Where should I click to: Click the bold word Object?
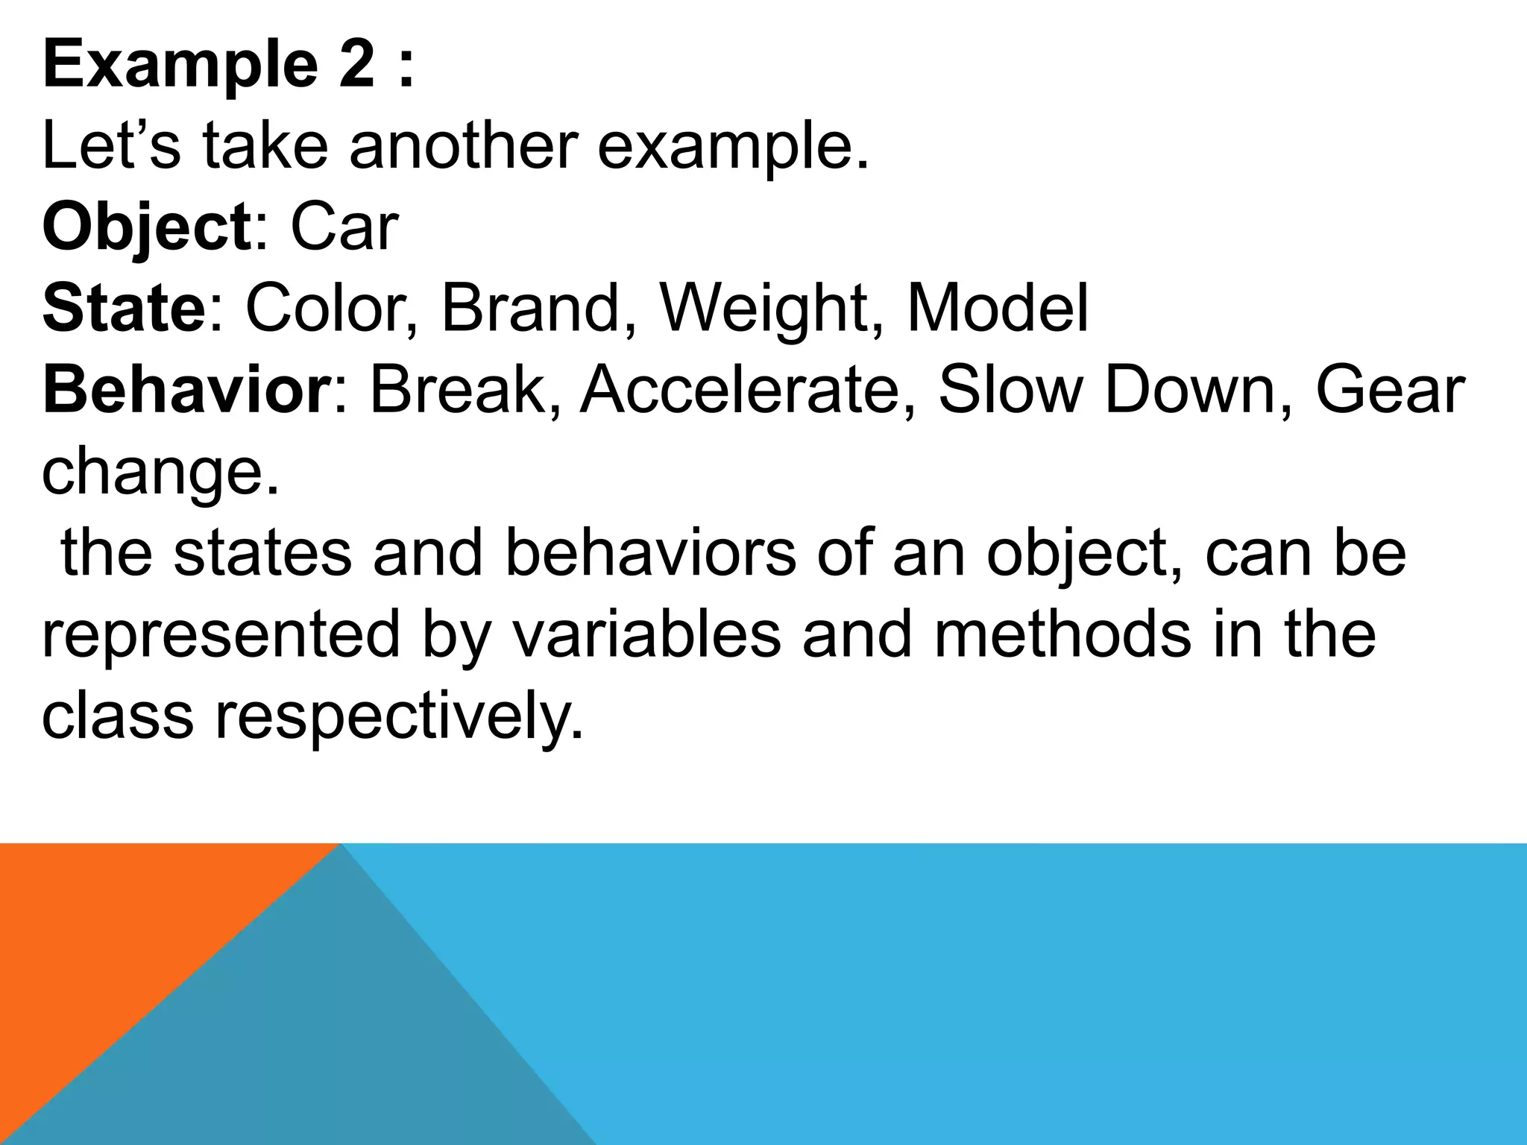[x=147, y=227]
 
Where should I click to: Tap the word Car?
[x=344, y=227]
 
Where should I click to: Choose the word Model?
[x=997, y=309]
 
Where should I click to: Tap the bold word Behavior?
[x=185, y=390]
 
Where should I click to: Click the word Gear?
[x=1390, y=390]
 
